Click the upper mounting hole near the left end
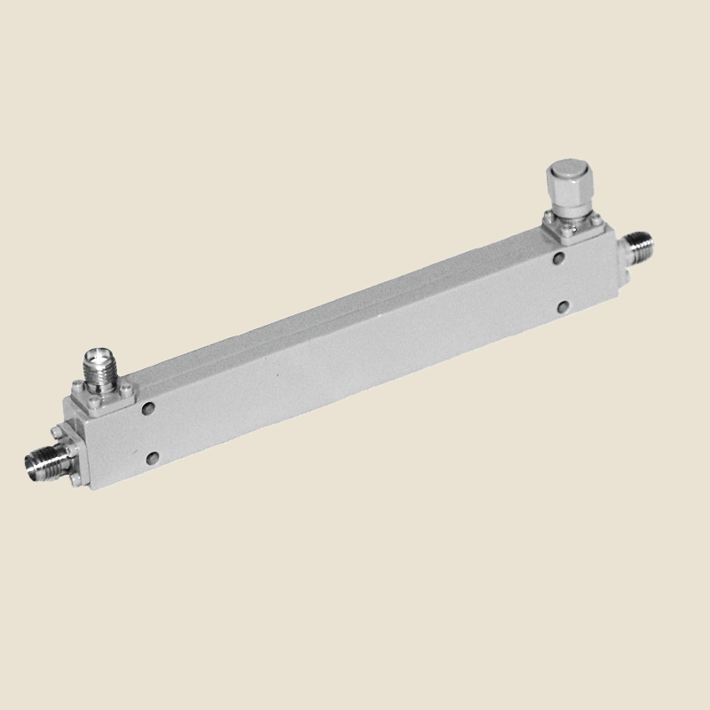point(147,409)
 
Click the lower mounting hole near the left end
point(154,457)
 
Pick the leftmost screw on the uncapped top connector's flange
point(75,386)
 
